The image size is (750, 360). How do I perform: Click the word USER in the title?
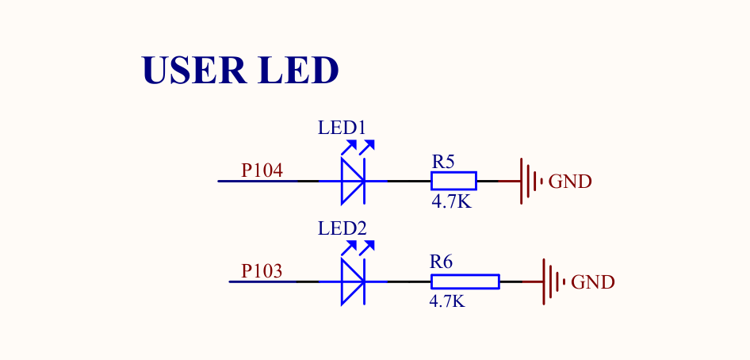[194, 71]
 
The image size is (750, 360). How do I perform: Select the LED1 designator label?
[342, 128]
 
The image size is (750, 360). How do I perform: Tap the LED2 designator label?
[342, 228]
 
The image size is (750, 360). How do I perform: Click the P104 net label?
[262, 170]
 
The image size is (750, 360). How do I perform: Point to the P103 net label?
[262, 271]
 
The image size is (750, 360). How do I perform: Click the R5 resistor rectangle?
[454, 182]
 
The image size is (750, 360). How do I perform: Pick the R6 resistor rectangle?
[465, 281]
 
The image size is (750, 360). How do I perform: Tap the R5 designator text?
[442, 162]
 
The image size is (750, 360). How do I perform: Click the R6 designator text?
[441, 262]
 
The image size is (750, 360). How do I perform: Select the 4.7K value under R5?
[451, 201]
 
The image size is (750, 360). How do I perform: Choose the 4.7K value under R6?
[446, 301]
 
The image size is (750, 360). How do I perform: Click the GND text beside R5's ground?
[570, 182]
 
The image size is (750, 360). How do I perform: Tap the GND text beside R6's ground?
[593, 282]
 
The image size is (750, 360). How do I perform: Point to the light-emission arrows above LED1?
[358, 147]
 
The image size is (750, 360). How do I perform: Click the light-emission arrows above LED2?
[358, 248]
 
